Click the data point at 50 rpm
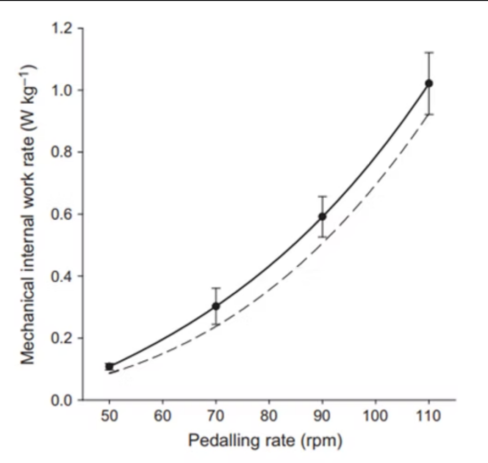(109, 367)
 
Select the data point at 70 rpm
(216, 306)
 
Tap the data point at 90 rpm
(322, 216)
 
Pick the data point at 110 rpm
(429, 83)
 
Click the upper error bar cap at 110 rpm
(429, 53)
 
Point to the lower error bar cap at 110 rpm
(429, 115)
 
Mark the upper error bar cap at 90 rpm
(322, 197)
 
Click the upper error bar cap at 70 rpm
(216, 288)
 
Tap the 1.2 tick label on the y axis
(62, 29)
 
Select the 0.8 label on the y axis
(62, 152)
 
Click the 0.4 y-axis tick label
(62, 276)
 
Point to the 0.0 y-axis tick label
(62, 400)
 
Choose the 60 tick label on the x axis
(163, 416)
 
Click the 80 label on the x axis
(269, 416)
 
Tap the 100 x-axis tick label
(375, 416)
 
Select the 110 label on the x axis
(429, 416)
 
